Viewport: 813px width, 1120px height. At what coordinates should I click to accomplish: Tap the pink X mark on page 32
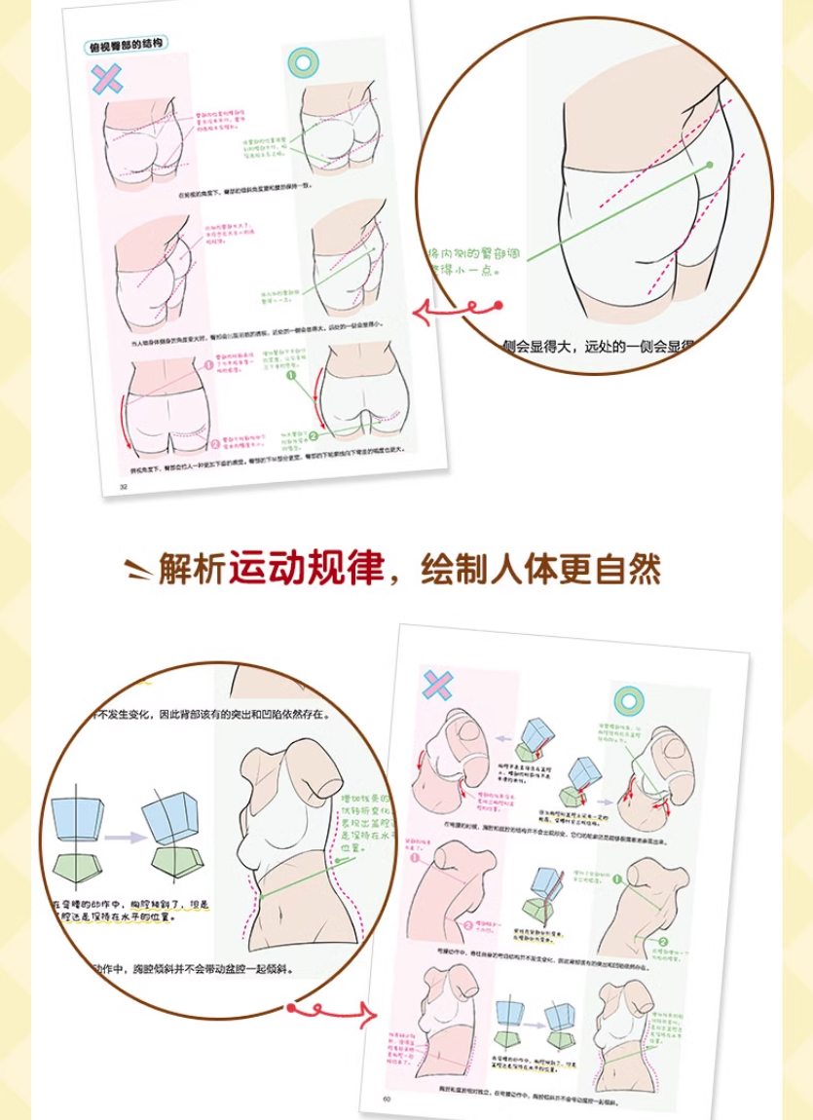coord(106,79)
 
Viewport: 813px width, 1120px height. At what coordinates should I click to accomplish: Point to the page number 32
coord(124,486)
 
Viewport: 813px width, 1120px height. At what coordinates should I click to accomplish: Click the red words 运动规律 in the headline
coord(306,570)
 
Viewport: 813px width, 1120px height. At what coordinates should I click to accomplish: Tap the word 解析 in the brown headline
coord(191,570)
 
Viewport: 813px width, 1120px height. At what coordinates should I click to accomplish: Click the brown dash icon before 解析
coord(138,568)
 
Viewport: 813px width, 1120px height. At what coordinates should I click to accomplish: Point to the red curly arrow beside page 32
coord(458,311)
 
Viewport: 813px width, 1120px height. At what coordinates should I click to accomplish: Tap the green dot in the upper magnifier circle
coord(710,165)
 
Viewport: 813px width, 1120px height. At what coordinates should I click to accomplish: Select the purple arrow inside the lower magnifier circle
coord(122,835)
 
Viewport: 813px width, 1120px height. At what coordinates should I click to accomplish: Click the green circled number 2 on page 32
coord(314,435)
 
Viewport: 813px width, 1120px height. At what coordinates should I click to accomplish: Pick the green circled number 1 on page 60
coord(617,880)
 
